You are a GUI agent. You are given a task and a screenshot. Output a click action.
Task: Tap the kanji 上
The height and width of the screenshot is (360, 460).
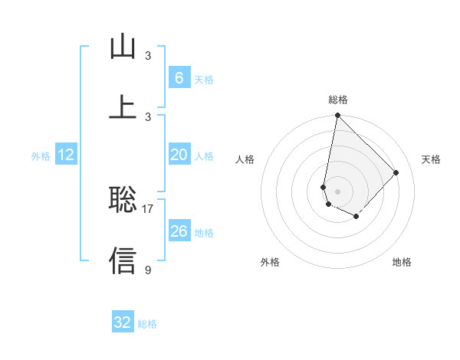point(123,106)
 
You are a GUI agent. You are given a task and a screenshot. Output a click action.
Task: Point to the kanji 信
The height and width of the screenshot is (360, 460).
point(123,260)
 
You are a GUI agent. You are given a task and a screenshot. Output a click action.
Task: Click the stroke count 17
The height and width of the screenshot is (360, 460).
point(149,208)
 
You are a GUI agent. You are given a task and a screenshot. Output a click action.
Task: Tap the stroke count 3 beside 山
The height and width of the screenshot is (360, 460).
point(148,55)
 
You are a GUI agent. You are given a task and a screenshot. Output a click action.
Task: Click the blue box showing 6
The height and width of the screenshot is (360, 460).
point(179,77)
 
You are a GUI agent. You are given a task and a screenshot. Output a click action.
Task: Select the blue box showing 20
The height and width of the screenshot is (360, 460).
point(179,155)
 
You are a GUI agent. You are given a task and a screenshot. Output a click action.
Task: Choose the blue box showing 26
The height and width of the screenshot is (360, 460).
point(179,231)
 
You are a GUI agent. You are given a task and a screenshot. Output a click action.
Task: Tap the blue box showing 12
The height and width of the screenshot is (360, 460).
point(66,155)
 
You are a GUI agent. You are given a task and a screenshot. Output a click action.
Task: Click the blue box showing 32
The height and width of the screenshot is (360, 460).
point(123,322)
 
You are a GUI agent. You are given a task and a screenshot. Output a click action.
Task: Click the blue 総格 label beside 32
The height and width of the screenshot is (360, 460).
point(147,324)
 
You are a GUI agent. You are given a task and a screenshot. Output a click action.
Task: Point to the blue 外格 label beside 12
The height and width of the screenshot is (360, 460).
point(41,156)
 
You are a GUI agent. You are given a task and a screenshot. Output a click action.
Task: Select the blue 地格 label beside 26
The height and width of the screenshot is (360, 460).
point(204,232)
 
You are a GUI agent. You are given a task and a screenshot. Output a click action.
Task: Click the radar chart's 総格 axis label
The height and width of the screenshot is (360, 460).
point(338,100)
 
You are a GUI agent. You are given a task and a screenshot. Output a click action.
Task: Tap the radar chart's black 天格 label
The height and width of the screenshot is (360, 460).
point(432,159)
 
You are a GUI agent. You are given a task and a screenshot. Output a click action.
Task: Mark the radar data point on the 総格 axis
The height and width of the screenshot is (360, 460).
point(337,116)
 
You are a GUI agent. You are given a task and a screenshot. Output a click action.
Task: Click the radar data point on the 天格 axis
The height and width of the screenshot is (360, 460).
point(396,172)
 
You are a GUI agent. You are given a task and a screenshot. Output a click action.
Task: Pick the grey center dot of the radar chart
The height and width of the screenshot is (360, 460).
point(337,191)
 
